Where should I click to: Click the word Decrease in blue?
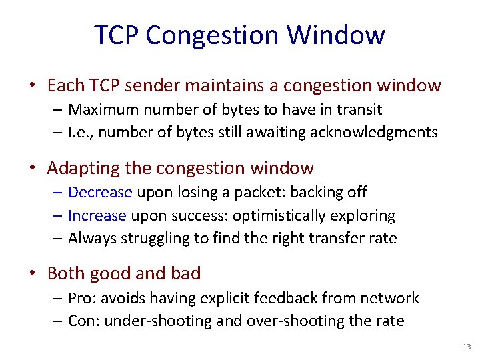100,192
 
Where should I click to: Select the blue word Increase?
97,215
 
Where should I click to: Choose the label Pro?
82,297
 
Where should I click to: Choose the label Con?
83,321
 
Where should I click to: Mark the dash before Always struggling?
59,239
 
